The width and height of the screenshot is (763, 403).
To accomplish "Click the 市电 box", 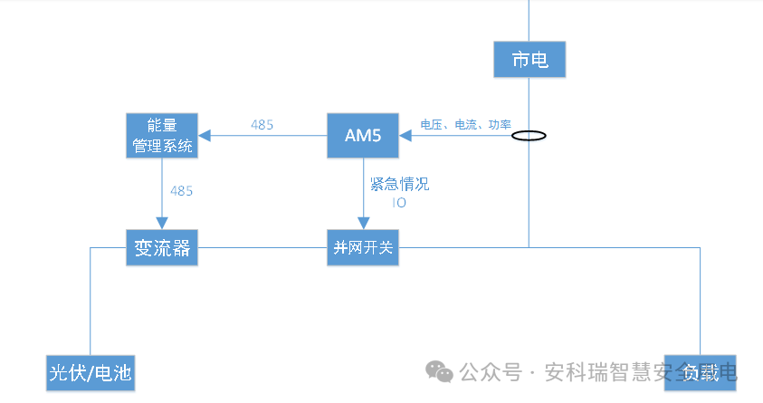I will point(529,60).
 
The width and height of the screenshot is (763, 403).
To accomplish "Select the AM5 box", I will point(363,136).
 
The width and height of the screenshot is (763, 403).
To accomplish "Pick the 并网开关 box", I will point(363,248).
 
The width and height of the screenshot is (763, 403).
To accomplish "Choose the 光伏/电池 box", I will point(91,373).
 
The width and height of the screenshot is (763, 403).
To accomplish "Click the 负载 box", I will point(700,372).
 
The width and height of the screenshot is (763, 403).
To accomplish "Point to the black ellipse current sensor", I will point(529,137).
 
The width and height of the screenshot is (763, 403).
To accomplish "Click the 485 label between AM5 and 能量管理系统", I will point(262,125).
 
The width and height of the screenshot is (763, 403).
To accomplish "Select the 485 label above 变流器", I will point(181,191).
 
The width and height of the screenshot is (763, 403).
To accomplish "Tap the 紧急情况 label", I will point(399,185).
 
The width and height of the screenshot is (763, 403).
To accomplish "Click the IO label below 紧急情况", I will point(399,204).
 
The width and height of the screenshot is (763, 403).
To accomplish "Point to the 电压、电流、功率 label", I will point(465,125).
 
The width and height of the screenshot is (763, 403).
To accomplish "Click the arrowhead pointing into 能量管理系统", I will point(205,136).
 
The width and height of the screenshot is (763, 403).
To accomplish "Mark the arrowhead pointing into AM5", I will point(406,136).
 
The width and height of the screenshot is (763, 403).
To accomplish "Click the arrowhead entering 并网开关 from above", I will point(363,224).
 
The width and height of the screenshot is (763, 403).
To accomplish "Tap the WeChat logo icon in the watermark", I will point(440,372).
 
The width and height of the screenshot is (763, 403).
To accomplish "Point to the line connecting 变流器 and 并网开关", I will point(262,247).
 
